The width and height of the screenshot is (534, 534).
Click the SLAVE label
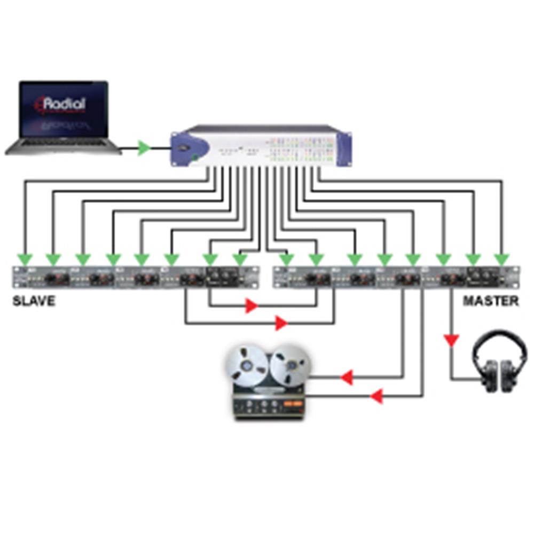34,301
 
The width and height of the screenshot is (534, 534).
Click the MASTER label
490,301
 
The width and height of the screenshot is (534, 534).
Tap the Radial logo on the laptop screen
64,103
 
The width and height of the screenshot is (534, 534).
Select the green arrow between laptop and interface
143,148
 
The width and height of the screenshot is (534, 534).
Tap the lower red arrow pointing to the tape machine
377,396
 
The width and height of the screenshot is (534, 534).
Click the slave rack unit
131,278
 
